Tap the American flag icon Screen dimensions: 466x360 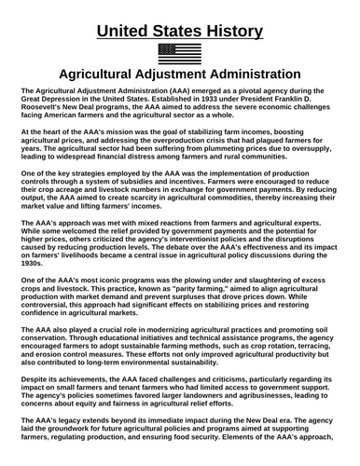point(179,54)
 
